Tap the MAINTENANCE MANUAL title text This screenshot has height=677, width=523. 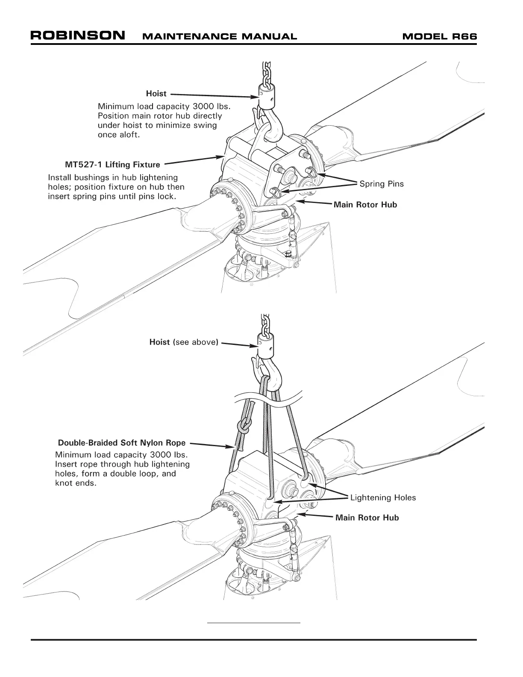coord(219,36)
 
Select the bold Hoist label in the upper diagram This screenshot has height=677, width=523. coord(156,94)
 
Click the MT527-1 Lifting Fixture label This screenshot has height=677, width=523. coord(112,165)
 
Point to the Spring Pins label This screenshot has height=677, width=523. coord(381,184)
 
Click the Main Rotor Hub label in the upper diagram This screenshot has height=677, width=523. coord(365,205)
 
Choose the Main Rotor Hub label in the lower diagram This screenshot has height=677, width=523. coord(367,518)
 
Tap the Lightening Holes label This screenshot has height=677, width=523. coord(383,497)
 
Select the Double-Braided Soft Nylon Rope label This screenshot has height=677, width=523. coord(122,443)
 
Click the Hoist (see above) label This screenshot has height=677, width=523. coord(184,342)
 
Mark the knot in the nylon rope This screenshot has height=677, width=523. coord(245,427)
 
